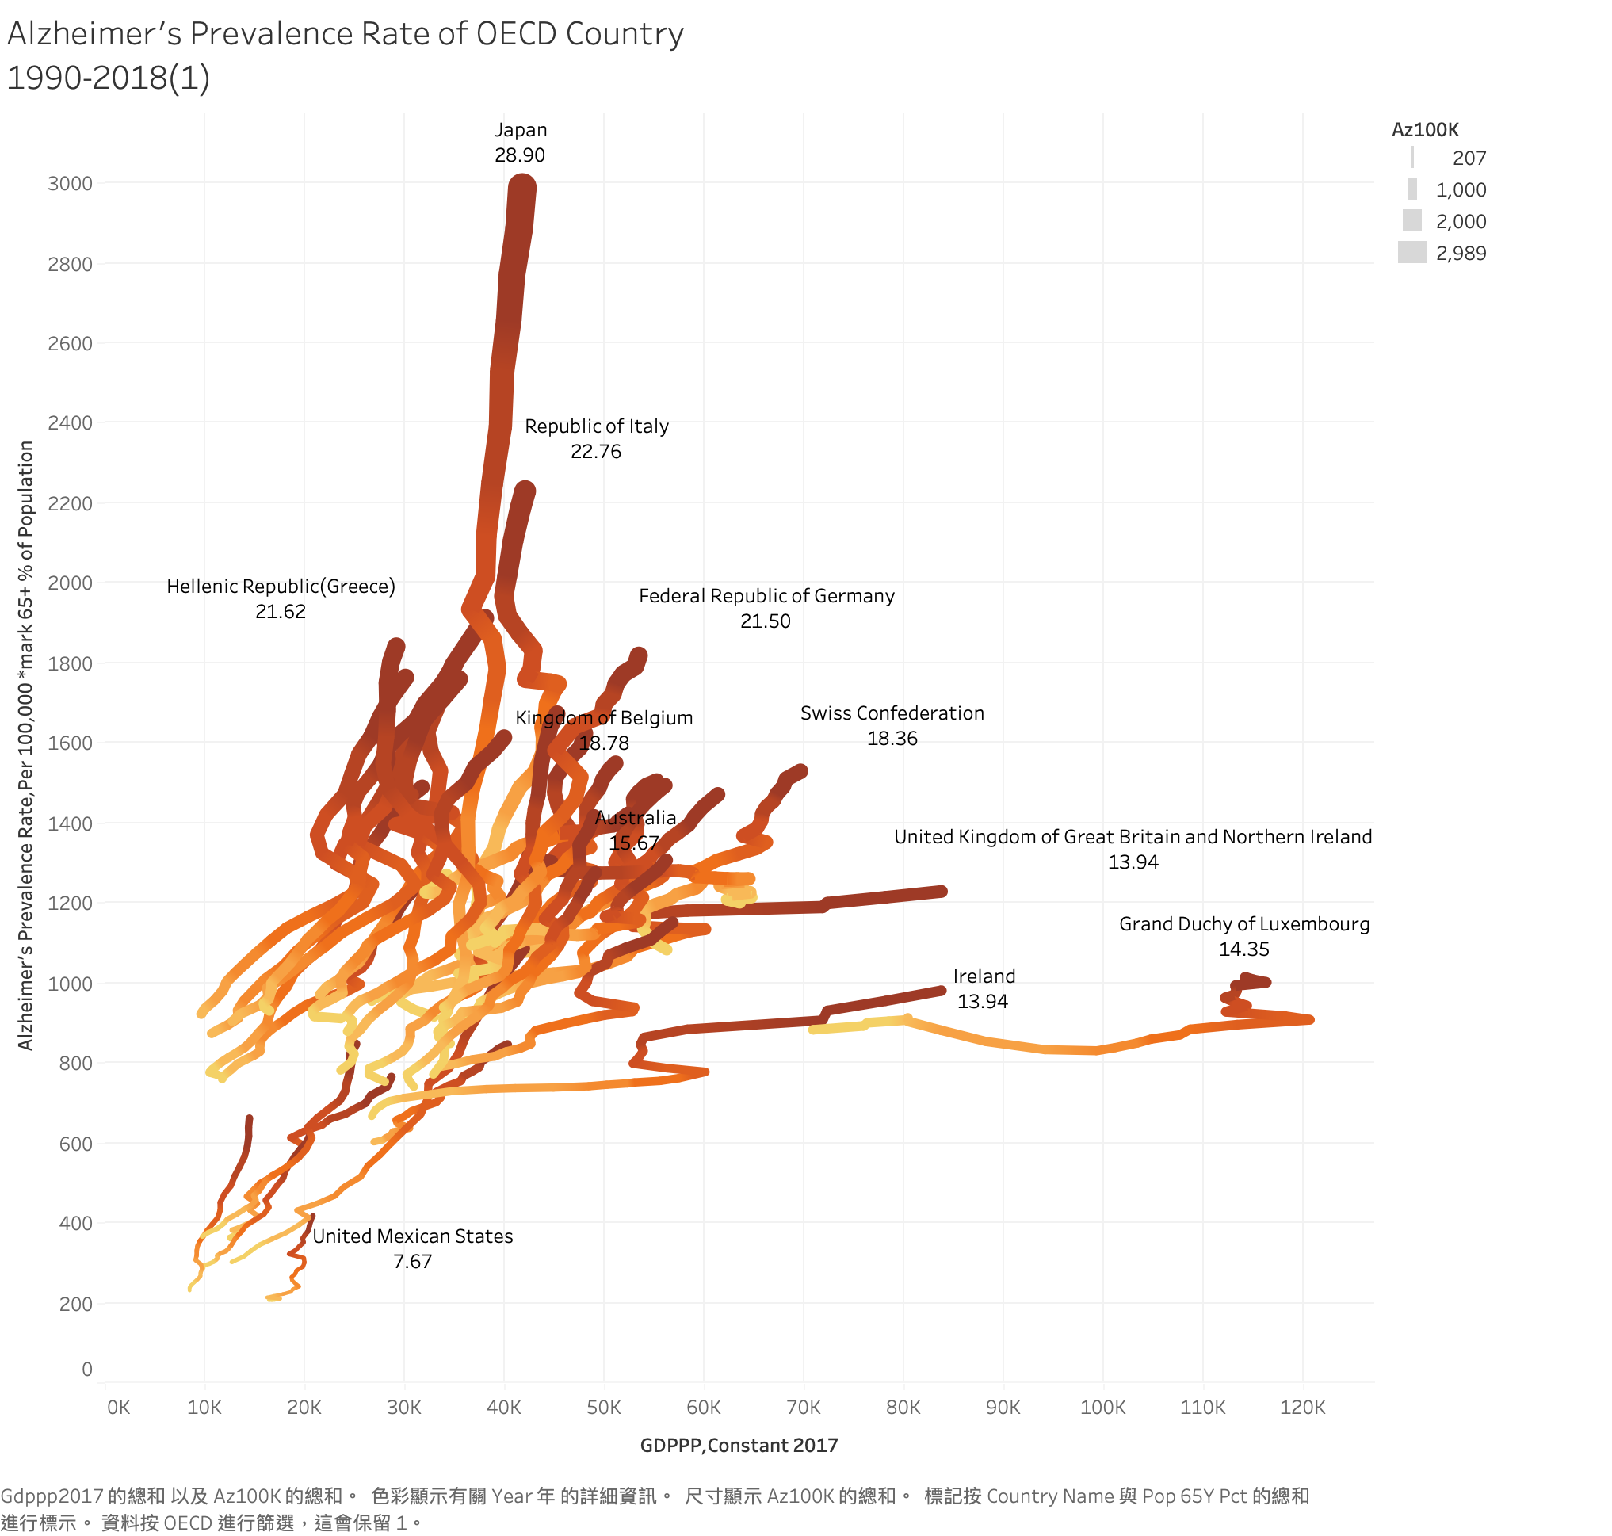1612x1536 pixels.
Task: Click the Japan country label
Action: tap(521, 130)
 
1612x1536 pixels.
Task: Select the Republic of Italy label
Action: tap(596, 426)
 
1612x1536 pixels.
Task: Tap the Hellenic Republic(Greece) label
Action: tap(281, 587)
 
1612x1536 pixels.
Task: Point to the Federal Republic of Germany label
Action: tap(766, 596)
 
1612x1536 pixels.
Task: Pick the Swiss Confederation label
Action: tap(892, 713)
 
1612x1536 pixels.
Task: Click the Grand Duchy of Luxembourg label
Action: tap(1243, 924)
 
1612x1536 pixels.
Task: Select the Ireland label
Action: tap(984, 976)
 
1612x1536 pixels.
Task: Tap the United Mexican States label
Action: tap(413, 1236)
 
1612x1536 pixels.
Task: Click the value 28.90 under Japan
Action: tap(520, 155)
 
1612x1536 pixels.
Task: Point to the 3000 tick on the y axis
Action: tap(71, 183)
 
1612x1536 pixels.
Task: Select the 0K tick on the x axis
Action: tap(118, 1408)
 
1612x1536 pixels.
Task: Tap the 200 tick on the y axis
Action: tap(75, 1304)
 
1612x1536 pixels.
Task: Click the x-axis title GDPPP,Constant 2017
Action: tap(739, 1445)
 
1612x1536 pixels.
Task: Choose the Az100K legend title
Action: tap(1424, 129)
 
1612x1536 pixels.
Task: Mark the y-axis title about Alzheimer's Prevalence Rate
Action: tap(25, 745)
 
